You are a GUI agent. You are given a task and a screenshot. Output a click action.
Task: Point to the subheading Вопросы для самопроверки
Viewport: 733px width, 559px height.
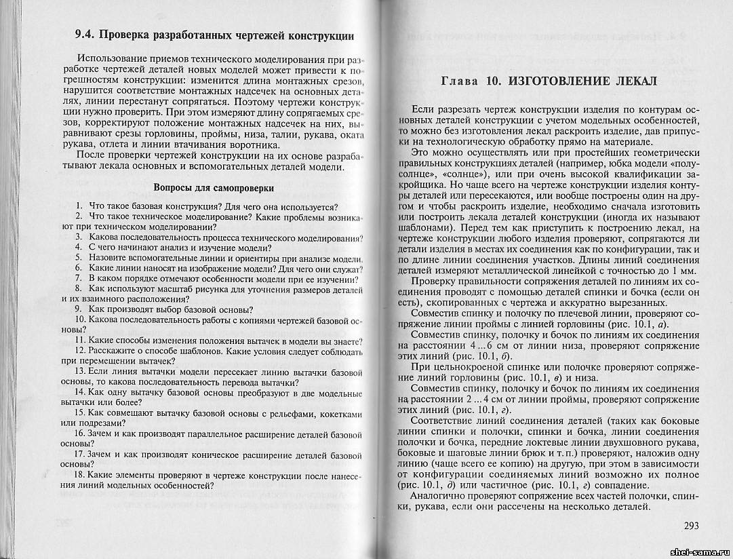[214, 187]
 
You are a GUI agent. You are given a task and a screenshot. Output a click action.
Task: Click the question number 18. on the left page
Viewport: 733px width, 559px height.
[81, 474]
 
